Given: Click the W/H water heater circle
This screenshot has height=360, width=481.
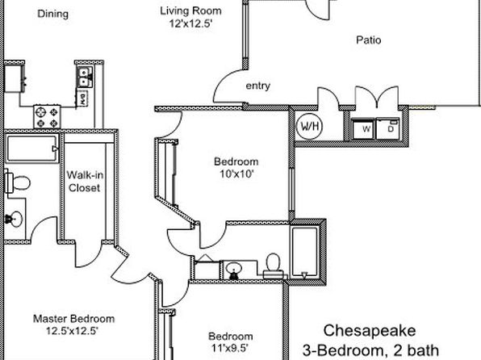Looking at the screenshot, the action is tap(310, 126).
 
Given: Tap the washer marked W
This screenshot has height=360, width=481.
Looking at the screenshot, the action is tap(363, 128).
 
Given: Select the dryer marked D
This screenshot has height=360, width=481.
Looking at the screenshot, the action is tap(388, 128).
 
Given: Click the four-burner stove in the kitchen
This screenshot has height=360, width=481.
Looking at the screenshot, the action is tap(47, 117).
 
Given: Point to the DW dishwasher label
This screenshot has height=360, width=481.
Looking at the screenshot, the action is tap(82, 98).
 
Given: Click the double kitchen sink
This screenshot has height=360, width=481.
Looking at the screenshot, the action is tap(84, 77).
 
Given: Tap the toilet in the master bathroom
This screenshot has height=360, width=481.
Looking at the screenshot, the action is tap(17, 182).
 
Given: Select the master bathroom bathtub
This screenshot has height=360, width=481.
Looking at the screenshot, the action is tap(32, 149).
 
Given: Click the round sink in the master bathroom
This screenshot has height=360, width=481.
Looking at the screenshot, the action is tap(14, 219).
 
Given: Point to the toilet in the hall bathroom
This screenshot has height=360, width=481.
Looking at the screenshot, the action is tap(274, 266).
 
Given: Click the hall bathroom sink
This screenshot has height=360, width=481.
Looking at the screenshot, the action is tap(234, 270).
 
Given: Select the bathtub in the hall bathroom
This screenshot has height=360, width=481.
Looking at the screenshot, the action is tap(304, 253).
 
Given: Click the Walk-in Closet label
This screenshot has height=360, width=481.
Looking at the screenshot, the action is tap(85, 182).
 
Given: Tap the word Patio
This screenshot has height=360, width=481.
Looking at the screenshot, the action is tap(369, 40).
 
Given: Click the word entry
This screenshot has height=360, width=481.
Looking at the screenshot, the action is tap(258, 86).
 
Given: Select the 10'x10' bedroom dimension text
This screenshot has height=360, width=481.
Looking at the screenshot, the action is tap(236, 174).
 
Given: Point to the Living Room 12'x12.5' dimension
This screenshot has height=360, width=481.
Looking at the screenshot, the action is tap(190, 23).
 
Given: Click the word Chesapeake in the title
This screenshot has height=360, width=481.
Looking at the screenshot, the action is tap(370, 331).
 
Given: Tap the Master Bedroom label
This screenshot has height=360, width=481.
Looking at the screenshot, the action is tap(73, 319).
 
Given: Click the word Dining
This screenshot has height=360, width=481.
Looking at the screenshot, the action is tap(52, 14).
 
